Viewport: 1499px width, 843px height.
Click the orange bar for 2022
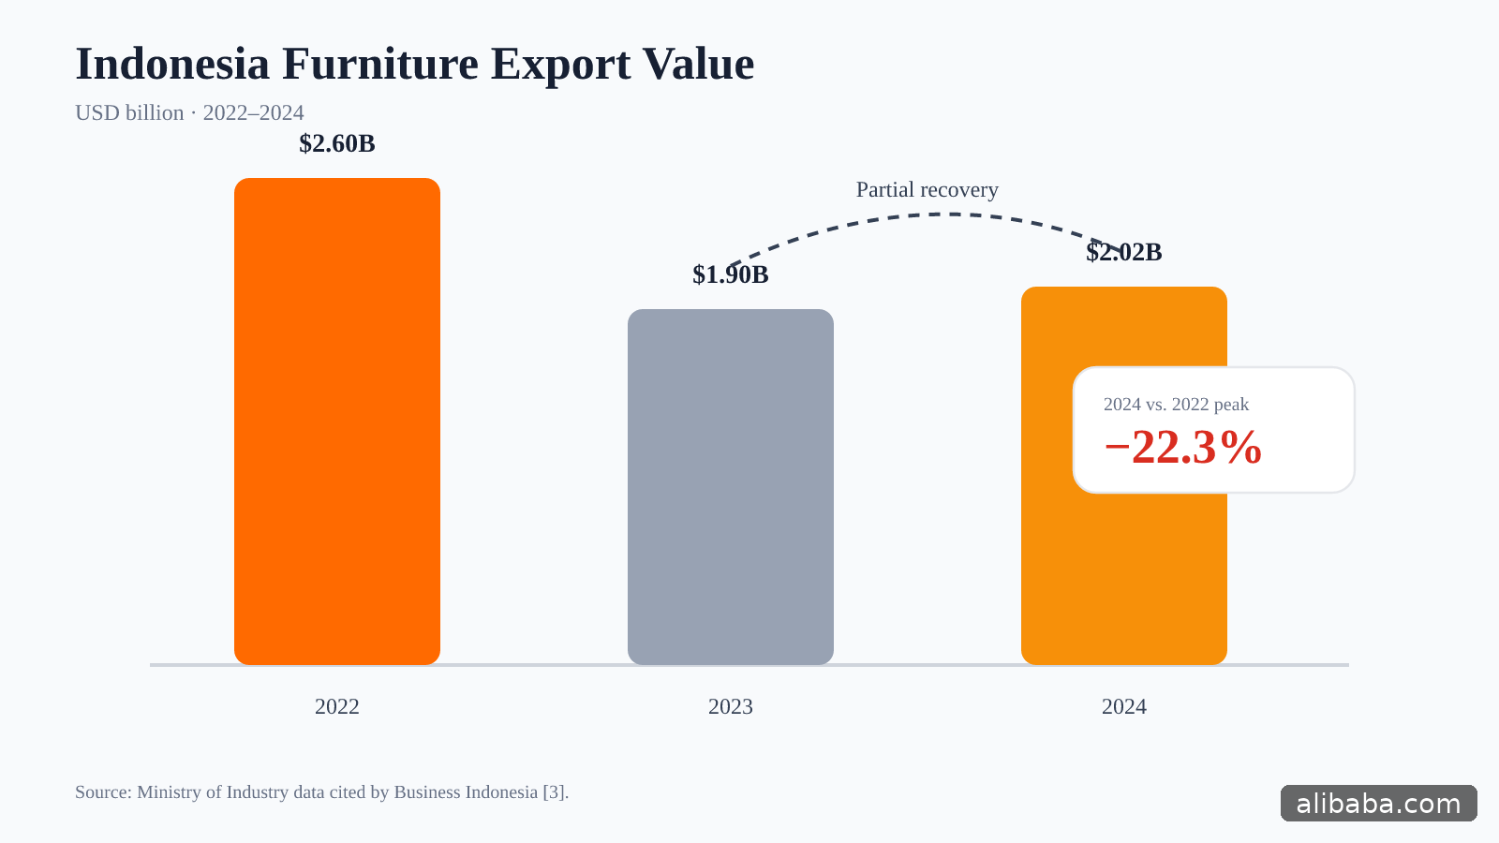pyautogui.click(x=337, y=421)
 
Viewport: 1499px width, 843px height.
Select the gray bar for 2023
pyautogui.click(x=731, y=487)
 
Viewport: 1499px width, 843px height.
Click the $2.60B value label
pyautogui.click(x=337, y=144)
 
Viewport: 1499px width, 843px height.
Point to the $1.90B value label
pyautogui.click(x=731, y=275)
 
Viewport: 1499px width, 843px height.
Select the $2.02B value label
pyautogui.click(x=1124, y=252)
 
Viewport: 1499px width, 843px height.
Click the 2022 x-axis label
pyautogui.click(x=337, y=706)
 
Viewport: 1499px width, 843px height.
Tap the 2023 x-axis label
pyautogui.click(x=731, y=706)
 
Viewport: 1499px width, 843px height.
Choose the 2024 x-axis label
pyautogui.click(x=1124, y=706)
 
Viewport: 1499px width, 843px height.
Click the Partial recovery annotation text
pyautogui.click(x=928, y=190)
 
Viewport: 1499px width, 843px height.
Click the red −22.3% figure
pyautogui.click(x=1183, y=447)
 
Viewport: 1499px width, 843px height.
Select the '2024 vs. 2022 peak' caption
pyautogui.click(x=1176, y=404)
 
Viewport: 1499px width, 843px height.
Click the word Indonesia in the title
pyautogui.click(x=172, y=65)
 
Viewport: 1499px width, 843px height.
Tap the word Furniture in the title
pyautogui.click(x=380, y=65)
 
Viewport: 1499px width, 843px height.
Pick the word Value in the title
pyautogui.click(x=699, y=65)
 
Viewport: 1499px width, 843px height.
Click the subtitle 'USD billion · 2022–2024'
pyautogui.click(x=189, y=112)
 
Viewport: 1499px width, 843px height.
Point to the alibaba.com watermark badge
pyautogui.click(x=1378, y=804)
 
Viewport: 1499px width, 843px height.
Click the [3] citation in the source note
pyautogui.click(x=554, y=792)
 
